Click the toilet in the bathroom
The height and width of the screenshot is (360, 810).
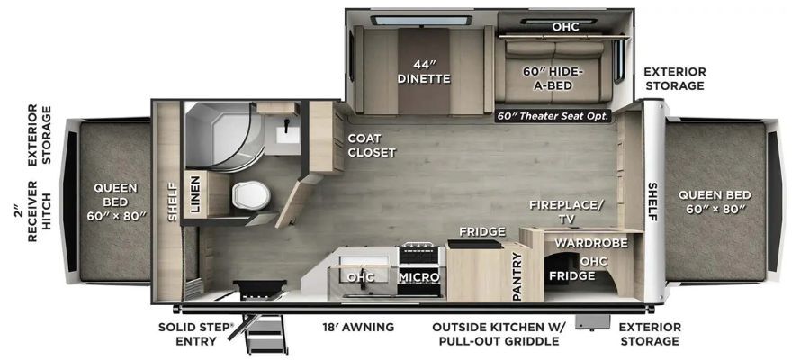click(x=251, y=195)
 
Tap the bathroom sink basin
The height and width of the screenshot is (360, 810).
click(x=287, y=135)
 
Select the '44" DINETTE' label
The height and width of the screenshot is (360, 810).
click(x=424, y=72)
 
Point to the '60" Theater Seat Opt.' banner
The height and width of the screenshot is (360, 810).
click(x=553, y=116)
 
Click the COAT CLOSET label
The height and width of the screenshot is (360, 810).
click(x=372, y=145)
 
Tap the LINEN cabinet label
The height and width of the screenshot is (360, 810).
click(x=194, y=194)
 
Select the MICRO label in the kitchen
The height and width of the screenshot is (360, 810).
click(x=418, y=277)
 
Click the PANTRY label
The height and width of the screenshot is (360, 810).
click(x=518, y=276)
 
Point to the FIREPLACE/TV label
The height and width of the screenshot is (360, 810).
click(x=566, y=211)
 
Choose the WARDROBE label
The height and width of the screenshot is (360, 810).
click(x=591, y=243)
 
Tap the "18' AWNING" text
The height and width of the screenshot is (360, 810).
click(x=357, y=327)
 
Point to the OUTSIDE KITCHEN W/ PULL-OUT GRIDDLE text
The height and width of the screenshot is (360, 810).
click(x=499, y=334)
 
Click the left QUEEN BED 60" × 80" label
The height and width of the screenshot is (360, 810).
click(x=116, y=202)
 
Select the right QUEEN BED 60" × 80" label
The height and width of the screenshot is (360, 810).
click(x=715, y=202)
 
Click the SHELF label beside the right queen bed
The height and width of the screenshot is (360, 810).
click(x=653, y=202)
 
